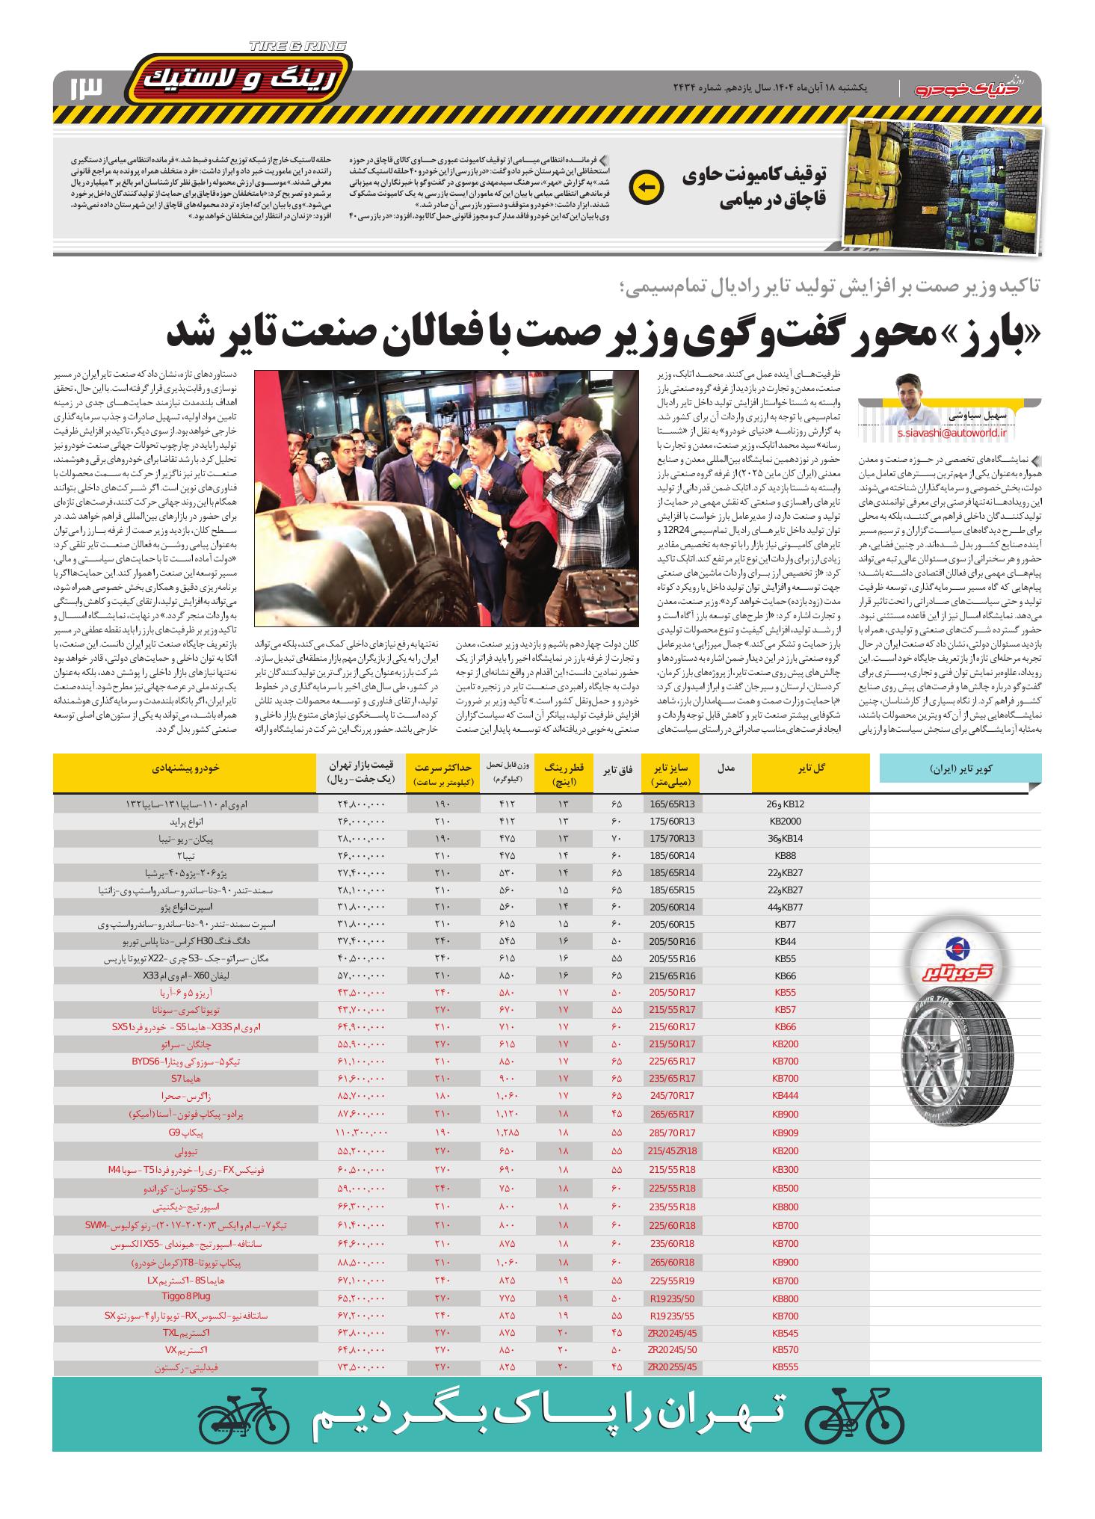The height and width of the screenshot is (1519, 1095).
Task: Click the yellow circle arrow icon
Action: [647, 187]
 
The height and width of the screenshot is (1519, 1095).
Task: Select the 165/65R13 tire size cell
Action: [672, 804]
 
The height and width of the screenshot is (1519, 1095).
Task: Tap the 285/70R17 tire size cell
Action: [672, 1133]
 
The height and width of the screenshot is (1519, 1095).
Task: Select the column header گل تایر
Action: [811, 768]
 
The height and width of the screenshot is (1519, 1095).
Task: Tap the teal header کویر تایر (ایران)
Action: [960, 768]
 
